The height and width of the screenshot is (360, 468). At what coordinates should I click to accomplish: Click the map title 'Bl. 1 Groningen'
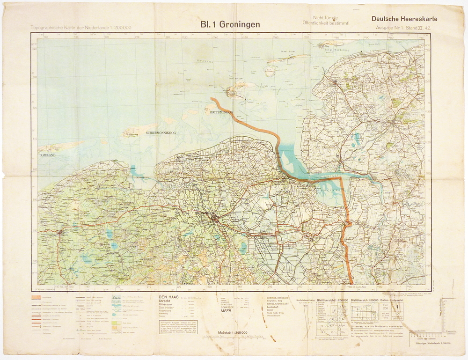(x=230, y=24)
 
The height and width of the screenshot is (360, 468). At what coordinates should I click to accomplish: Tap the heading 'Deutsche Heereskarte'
(x=404, y=19)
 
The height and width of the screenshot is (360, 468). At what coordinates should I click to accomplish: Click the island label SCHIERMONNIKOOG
(x=161, y=133)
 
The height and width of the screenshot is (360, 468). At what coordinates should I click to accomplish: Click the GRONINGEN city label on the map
(x=202, y=213)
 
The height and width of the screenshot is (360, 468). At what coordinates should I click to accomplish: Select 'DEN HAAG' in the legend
(x=169, y=297)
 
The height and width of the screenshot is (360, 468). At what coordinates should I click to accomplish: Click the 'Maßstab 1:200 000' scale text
(x=233, y=333)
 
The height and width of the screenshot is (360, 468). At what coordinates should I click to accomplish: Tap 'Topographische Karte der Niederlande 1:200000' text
(x=80, y=28)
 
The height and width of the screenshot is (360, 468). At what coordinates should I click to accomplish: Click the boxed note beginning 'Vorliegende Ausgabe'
(x=177, y=327)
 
